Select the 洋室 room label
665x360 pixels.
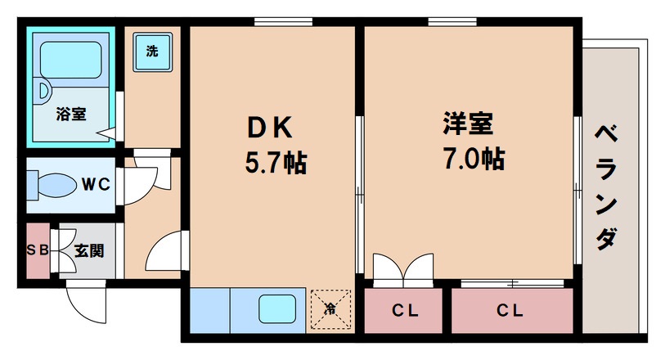tap(469, 124)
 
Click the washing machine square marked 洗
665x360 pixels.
tap(153, 52)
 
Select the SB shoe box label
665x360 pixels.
tap(38, 250)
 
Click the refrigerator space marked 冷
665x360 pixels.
tap(330, 309)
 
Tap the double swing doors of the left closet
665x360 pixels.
tap(402, 268)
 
